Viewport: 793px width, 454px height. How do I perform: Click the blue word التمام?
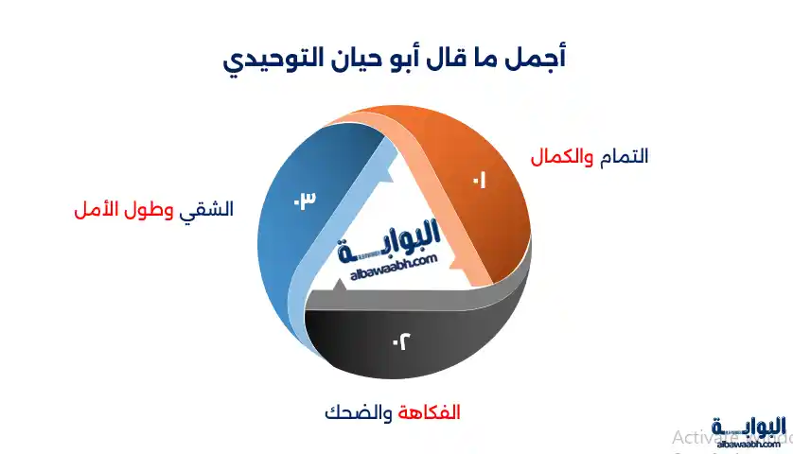point(623,156)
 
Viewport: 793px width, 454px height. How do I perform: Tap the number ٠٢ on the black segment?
point(400,341)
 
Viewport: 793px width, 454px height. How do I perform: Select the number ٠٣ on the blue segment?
point(303,200)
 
